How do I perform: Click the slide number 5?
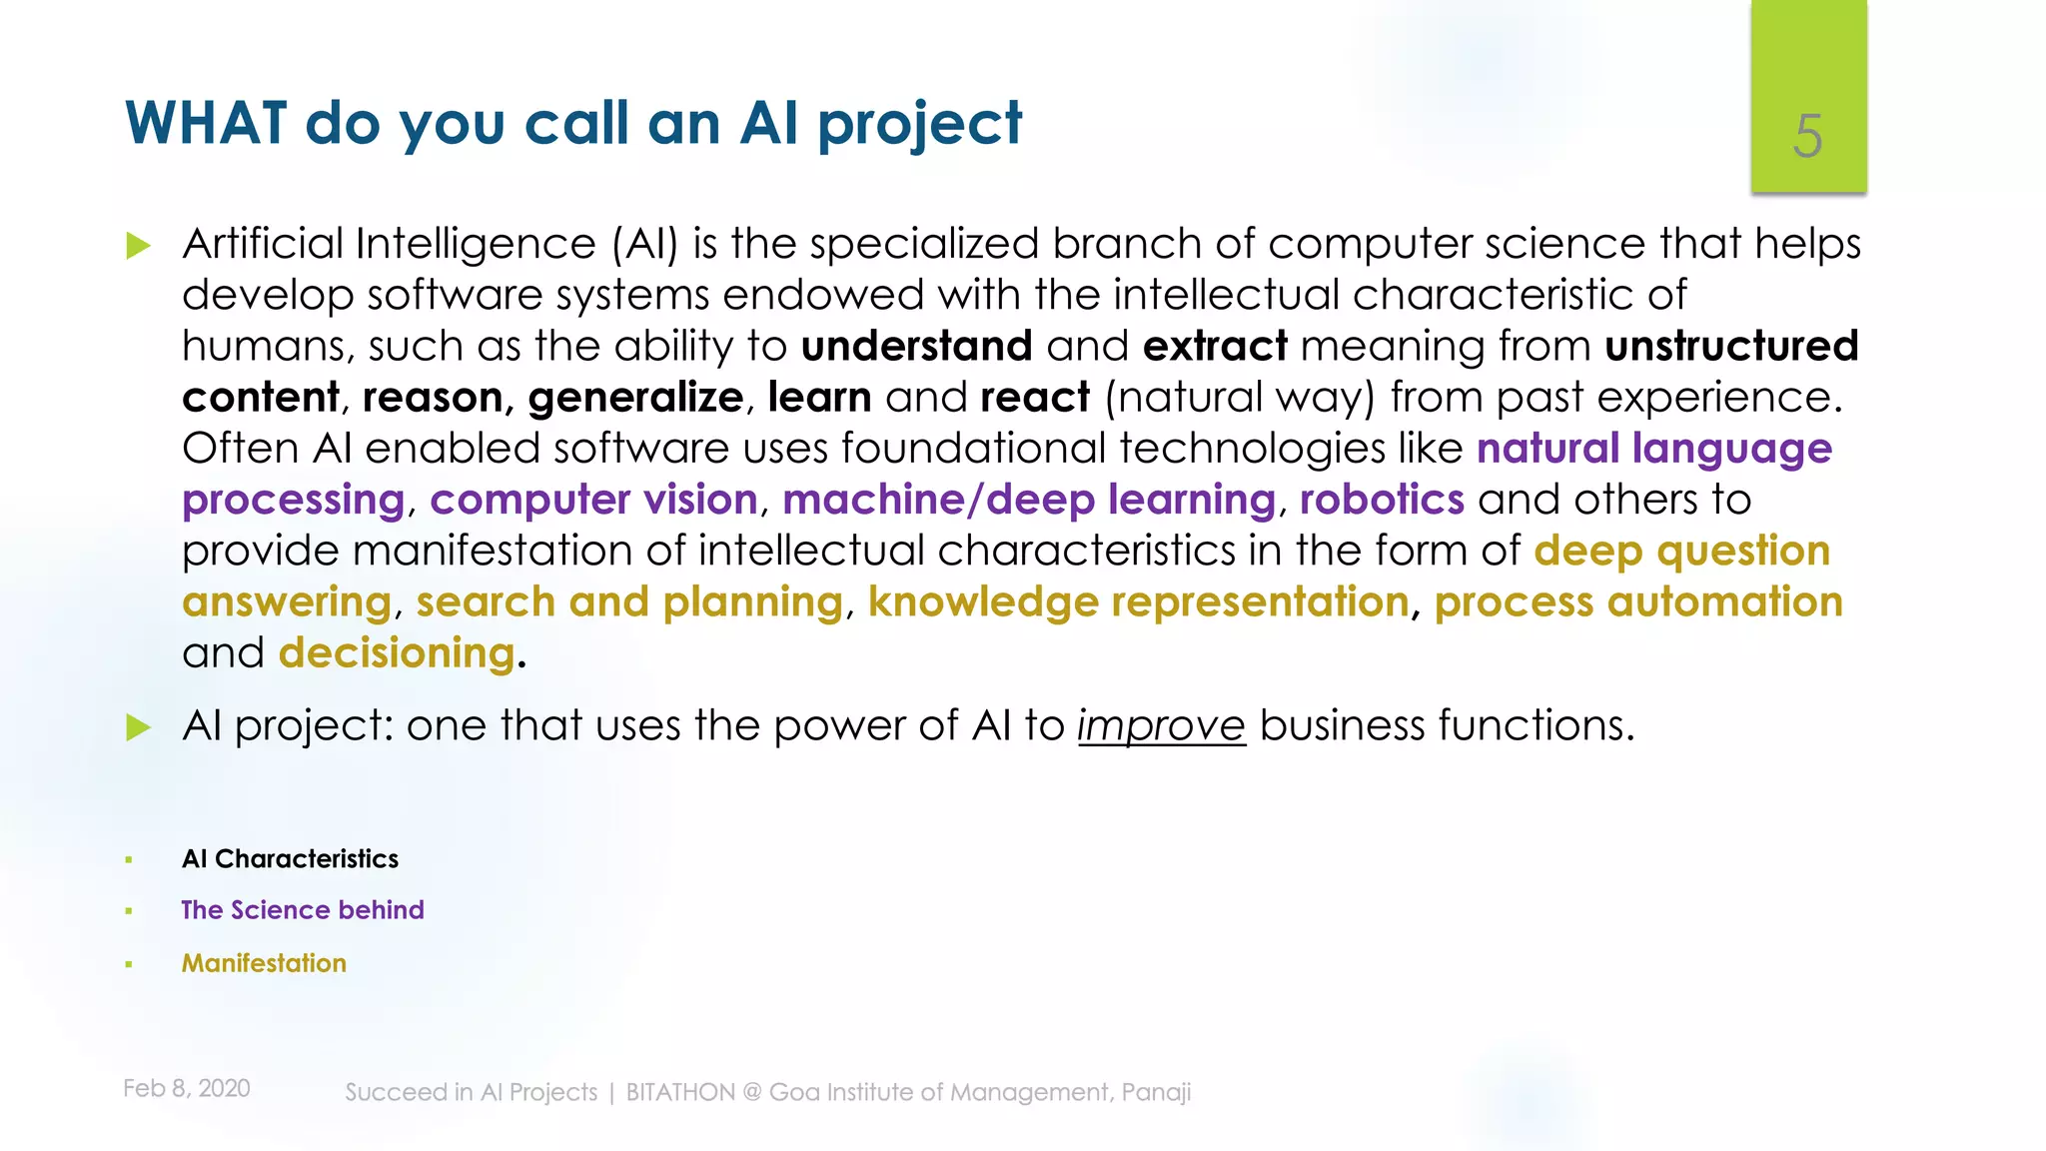(1807, 136)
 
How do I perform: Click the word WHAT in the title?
(206, 124)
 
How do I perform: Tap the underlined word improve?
(1161, 725)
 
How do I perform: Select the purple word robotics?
(1382, 500)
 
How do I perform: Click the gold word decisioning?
(397, 653)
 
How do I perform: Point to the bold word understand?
(916, 347)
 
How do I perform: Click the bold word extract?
(1215, 347)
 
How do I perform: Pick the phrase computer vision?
(593, 500)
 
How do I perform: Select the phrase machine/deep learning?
(1029, 500)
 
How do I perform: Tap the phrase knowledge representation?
(1138, 602)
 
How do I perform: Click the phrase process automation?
(1638, 602)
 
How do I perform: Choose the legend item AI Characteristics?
(290, 859)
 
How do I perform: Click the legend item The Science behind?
(302, 910)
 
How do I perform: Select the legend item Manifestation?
(264, 963)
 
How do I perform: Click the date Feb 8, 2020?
(187, 1088)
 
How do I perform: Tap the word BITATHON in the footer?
(680, 1092)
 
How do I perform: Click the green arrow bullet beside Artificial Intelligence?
(138, 246)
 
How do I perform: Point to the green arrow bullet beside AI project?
(138, 727)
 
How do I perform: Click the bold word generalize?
(635, 398)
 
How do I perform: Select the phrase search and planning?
(629, 602)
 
